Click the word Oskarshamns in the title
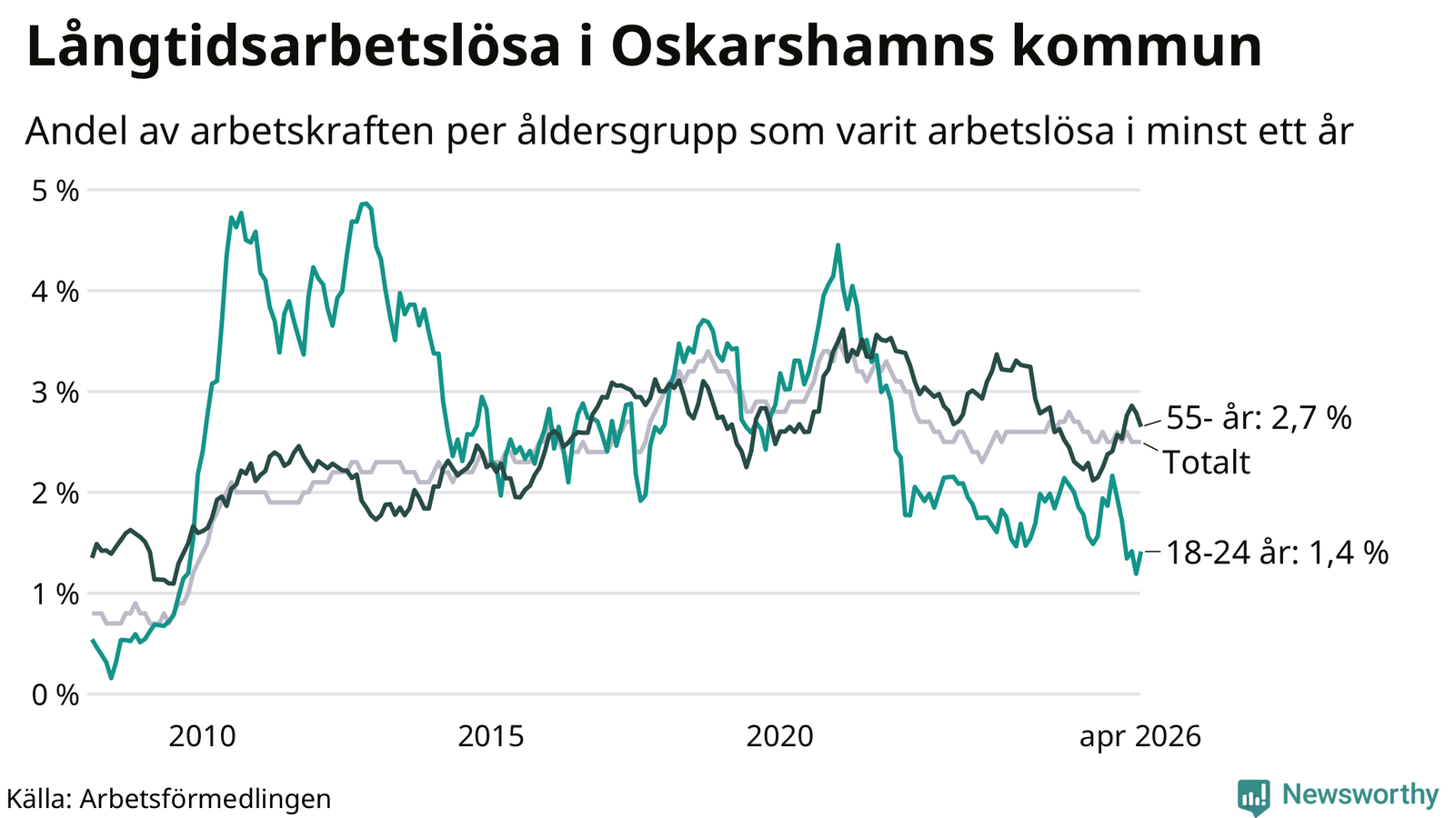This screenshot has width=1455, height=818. (802, 46)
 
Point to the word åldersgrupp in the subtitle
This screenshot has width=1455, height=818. (627, 133)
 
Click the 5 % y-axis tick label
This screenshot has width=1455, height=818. (55, 191)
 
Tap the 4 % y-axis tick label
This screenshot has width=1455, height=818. (55, 292)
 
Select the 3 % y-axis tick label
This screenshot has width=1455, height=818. (55, 393)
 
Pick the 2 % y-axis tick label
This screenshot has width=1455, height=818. (55, 494)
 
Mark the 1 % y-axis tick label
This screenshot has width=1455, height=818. (55, 594)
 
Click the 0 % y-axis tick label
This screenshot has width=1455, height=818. (55, 695)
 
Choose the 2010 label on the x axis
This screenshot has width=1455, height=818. (202, 737)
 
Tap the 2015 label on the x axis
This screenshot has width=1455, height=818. (491, 737)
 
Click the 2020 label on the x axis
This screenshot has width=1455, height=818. (779, 737)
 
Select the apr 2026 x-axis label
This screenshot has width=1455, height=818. (1140, 738)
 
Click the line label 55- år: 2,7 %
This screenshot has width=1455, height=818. (1259, 418)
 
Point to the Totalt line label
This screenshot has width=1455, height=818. (1207, 463)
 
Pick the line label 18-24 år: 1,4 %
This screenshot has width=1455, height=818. (1278, 554)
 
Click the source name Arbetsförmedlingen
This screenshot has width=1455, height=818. (206, 799)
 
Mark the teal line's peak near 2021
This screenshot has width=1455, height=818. (838, 245)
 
